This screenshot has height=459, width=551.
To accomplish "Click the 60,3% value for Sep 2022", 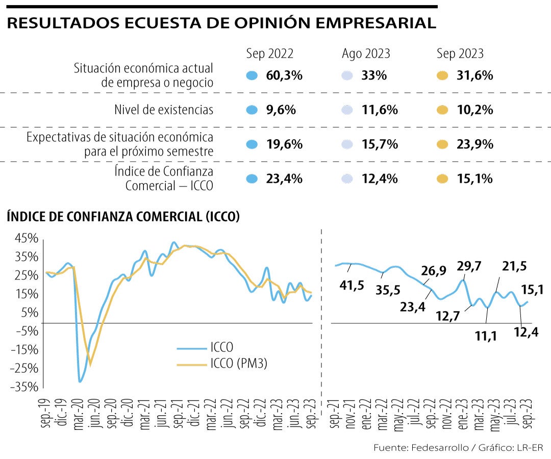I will (284, 75).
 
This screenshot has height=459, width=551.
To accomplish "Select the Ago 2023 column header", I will (366, 54).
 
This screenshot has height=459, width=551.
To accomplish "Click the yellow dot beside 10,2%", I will (442, 110).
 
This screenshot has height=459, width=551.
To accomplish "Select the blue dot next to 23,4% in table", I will (251, 179).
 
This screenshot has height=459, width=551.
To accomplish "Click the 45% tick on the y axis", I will (26, 238).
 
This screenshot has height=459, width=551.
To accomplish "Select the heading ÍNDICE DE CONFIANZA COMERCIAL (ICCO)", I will (122, 216).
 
